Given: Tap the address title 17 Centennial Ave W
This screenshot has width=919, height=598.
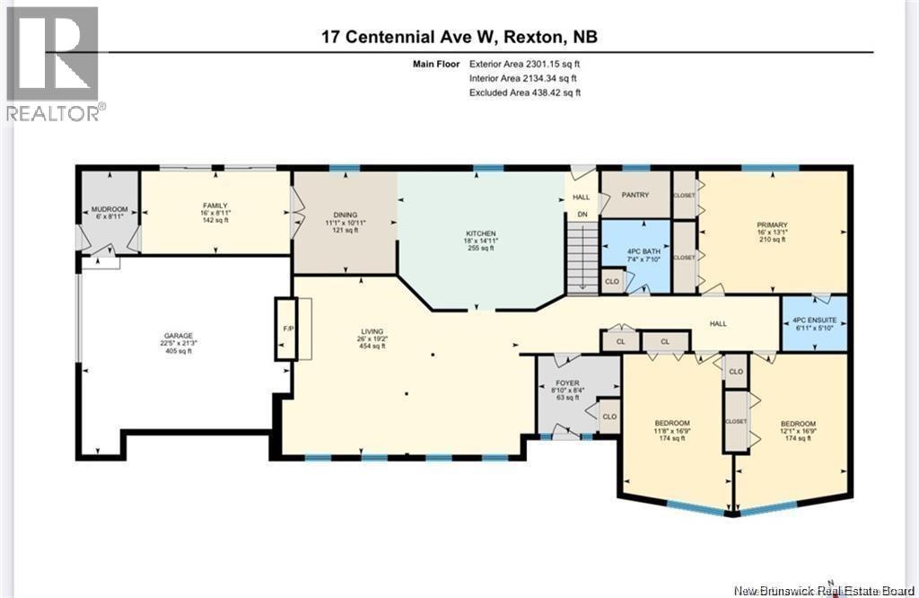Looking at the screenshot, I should (x=459, y=37).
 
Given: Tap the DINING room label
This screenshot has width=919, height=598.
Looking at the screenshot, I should (x=346, y=215).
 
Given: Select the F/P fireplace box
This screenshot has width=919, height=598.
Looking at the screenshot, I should (x=287, y=329).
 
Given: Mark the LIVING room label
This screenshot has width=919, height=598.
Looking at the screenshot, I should (x=372, y=331).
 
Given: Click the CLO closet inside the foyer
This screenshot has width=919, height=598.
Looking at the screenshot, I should (x=608, y=416).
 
